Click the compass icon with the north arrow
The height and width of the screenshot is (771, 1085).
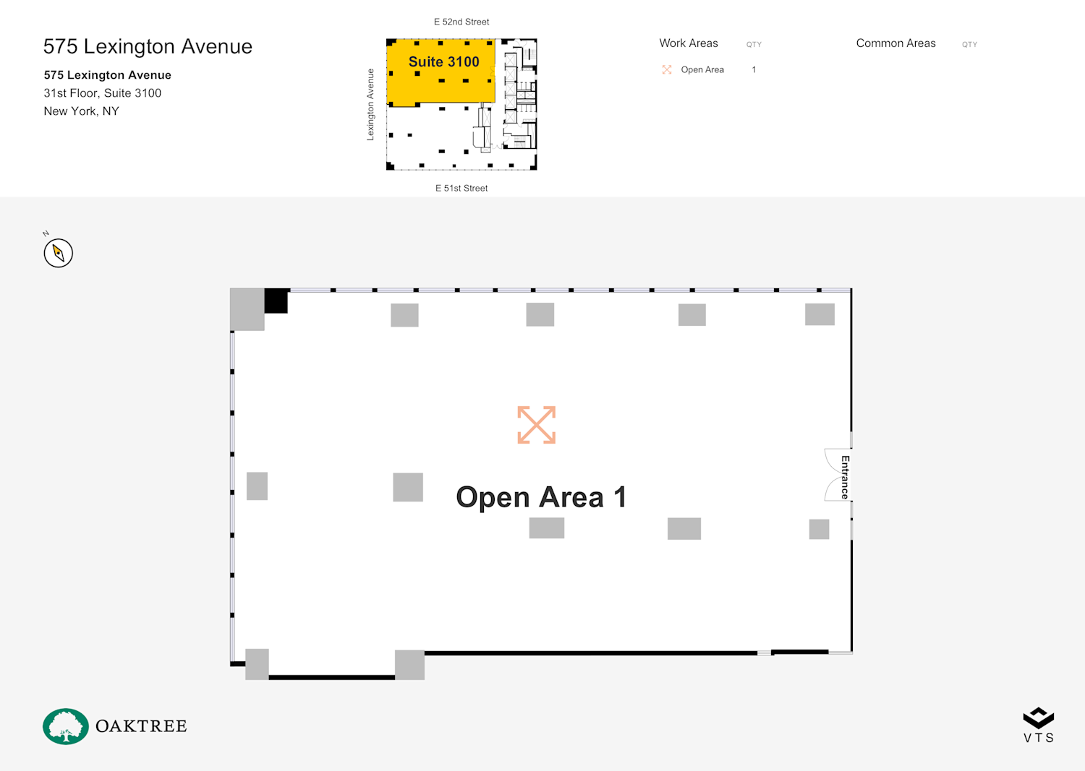58,253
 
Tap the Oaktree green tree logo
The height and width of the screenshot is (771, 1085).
65,726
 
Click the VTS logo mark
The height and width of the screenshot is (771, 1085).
1039,718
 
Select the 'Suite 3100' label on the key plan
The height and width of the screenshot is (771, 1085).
443,61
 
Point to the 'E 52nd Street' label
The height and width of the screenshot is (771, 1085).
461,22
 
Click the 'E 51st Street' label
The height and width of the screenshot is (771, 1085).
461,189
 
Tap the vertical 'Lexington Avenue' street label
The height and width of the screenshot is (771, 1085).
370,105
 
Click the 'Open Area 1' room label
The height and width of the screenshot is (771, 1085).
541,497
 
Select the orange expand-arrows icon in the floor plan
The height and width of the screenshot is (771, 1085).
536,425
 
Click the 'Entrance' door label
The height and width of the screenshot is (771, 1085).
845,477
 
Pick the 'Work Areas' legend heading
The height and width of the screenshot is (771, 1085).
689,43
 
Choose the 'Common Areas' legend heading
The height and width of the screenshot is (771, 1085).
895,43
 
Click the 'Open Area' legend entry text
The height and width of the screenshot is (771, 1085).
702,69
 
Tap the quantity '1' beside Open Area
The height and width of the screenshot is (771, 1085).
754,69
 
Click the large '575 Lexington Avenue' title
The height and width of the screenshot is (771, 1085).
148,47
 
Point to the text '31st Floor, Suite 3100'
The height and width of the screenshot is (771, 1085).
102,93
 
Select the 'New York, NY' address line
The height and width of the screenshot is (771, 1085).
81,111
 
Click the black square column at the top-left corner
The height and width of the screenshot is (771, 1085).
276,301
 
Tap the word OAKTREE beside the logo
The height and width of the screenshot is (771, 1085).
141,726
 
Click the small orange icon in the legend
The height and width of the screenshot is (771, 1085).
667,69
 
